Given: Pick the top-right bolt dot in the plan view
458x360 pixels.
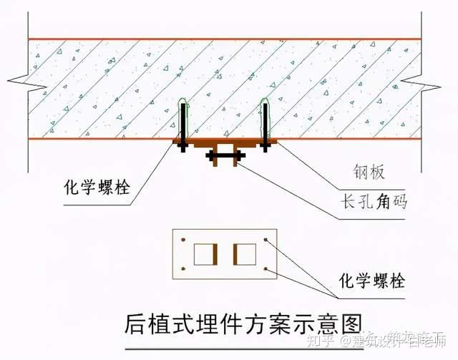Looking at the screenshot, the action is [265, 239].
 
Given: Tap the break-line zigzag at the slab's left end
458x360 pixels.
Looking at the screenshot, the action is [20, 77].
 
